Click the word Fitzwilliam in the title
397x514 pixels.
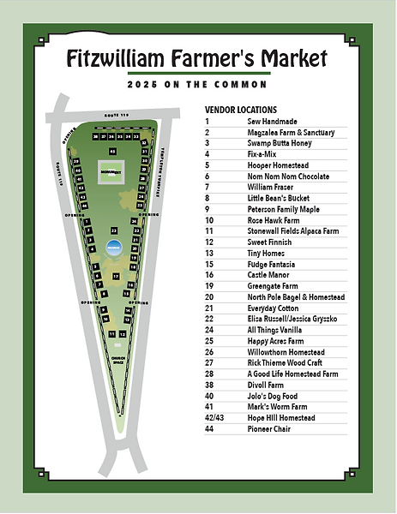tap(117, 58)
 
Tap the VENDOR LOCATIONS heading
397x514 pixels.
tap(240, 110)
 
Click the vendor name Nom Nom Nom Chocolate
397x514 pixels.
tap(288, 176)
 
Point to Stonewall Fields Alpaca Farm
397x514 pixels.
tap(296, 231)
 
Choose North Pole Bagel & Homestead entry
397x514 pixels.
tap(296, 296)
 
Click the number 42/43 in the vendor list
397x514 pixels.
tap(213, 417)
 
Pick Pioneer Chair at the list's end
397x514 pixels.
tap(269, 428)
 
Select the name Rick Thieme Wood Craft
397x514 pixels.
tap(286, 362)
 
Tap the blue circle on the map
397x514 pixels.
tap(112, 248)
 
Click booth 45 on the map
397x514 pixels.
tap(113, 152)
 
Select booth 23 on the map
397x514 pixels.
tap(113, 231)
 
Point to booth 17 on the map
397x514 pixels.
tap(116, 277)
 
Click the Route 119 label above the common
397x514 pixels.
tap(115, 114)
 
